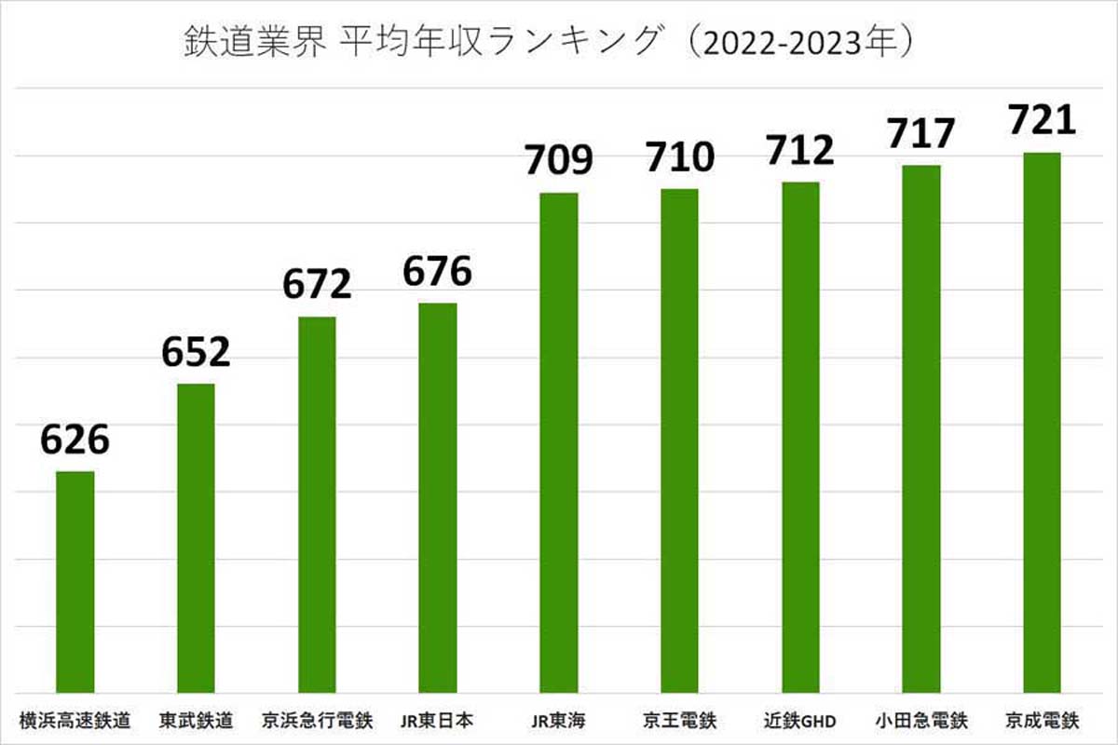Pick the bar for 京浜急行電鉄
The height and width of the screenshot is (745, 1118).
coord(317,504)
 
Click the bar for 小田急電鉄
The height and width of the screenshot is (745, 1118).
coord(921,428)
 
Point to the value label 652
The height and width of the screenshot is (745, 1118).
coord(196,353)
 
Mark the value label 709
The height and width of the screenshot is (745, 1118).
coord(559,161)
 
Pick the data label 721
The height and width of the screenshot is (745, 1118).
coord(1042,120)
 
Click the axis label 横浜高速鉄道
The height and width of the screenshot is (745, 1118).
coord(75,720)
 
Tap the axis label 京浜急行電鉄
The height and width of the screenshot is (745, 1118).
coord(317,720)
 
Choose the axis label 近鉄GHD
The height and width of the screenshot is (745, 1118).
coord(800,720)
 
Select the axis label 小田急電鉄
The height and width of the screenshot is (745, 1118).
coord(921,720)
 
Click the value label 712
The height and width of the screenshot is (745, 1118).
coord(800,149)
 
